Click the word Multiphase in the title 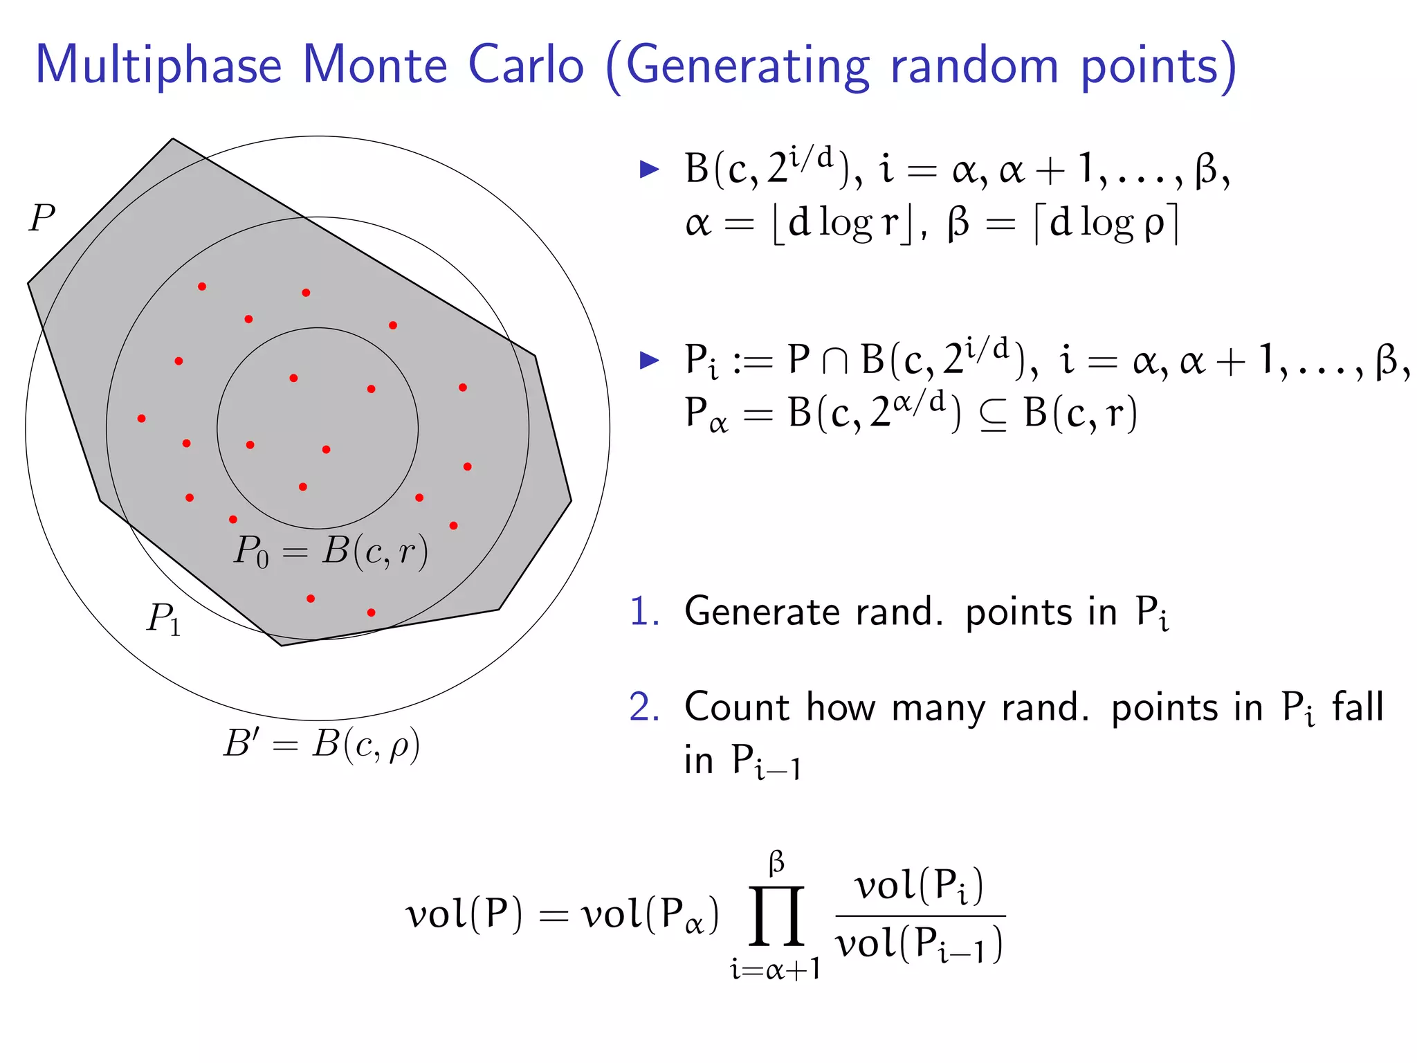pyautogui.click(x=158, y=66)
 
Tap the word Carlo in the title pyautogui.click(x=526, y=65)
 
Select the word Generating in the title pyautogui.click(x=747, y=66)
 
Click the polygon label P pyautogui.click(x=42, y=219)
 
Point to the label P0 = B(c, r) pyautogui.click(x=331, y=552)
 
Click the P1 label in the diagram pyautogui.click(x=163, y=618)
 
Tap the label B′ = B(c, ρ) pyautogui.click(x=322, y=745)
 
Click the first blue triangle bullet pyautogui.click(x=649, y=169)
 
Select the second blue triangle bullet pyautogui.click(x=649, y=360)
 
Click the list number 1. pyautogui.click(x=643, y=612)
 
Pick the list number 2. pyautogui.click(x=643, y=707)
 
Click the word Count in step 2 pyautogui.click(x=736, y=707)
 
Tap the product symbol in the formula pyautogui.click(x=776, y=915)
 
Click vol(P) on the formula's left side pyautogui.click(x=464, y=915)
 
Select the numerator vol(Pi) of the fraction pyautogui.click(x=919, y=886)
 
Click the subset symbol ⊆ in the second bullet pyautogui.click(x=993, y=415)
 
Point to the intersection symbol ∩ pyautogui.click(x=835, y=361)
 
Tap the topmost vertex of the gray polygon pyautogui.click(x=172, y=139)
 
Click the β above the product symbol pyautogui.click(x=776, y=864)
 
